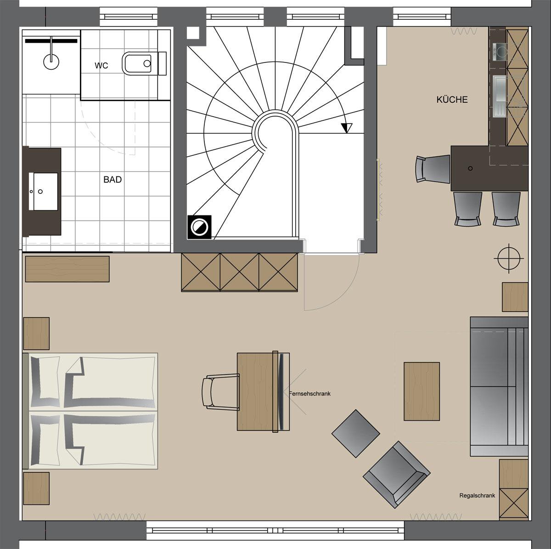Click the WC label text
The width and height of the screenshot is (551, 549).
coord(101,66)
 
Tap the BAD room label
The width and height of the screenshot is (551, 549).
coord(112,179)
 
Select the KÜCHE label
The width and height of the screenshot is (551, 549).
coord(452,99)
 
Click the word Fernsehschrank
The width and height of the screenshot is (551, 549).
coord(309,394)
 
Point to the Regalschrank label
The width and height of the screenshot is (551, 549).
coord(477,496)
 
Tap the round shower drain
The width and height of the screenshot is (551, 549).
coord(51,62)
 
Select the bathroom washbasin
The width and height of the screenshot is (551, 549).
coord(44,192)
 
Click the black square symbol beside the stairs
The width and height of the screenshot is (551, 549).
coord(200,227)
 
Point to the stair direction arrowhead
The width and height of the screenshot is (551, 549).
coord(347,128)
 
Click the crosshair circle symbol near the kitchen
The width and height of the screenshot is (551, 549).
coord(509,259)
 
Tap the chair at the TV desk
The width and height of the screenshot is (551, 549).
coord(219,392)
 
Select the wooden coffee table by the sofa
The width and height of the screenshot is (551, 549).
coord(422,391)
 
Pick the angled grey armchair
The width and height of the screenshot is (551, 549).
coord(396,479)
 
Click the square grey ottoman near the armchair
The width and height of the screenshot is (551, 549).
coord(356,434)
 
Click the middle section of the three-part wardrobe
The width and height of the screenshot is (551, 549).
coord(239,272)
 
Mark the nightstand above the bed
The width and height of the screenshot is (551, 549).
coord(36,333)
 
